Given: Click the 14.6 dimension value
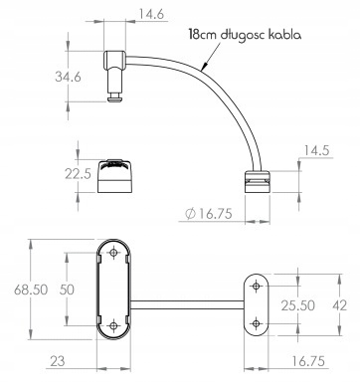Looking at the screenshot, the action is tap(151, 15).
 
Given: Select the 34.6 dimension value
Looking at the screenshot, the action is tap(68, 77).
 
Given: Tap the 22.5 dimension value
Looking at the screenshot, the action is tap(78, 173).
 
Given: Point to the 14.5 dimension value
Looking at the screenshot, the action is tap(316, 150).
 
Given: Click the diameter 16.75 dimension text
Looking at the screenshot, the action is tap(209, 214).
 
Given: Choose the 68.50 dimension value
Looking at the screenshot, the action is tap(31, 290).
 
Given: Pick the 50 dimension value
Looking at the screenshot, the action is tap(67, 290).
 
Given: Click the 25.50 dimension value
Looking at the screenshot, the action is tap(297, 305).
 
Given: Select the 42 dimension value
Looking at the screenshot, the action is tap(339, 305).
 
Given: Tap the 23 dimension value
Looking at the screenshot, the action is tap(58, 361).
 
